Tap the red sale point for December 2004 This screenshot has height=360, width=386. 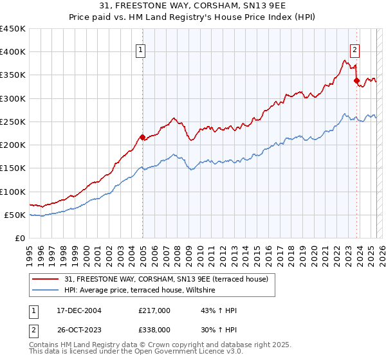142,137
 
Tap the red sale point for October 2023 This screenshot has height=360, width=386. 356,81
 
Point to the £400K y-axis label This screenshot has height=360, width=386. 13,52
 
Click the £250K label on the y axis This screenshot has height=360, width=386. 13,122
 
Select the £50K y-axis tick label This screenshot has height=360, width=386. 15,215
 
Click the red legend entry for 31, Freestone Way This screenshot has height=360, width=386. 170,278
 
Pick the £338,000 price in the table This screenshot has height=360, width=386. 154,329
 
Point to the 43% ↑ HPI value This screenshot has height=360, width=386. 219,311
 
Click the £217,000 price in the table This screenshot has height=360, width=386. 154,311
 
